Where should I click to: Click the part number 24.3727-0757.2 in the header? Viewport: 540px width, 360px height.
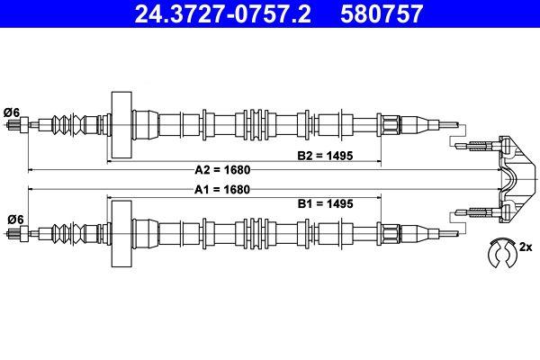point(223,13)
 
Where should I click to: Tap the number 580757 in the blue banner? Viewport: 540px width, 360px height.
point(382,13)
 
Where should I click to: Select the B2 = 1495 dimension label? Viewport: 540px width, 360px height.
point(325,156)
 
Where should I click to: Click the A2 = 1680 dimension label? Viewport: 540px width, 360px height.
point(222,170)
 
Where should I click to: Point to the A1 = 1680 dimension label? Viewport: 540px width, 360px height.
point(222,190)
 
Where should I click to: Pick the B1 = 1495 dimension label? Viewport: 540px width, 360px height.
point(325,204)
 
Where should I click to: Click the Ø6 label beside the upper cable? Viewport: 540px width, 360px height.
point(12,112)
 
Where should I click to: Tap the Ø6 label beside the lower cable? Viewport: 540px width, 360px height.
point(16,220)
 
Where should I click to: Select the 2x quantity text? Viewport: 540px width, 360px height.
point(526,247)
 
